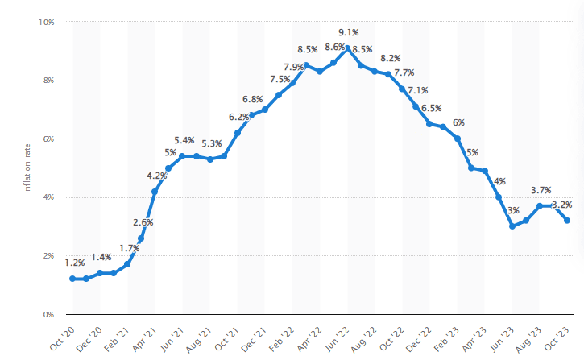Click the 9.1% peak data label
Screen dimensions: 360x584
(x=348, y=32)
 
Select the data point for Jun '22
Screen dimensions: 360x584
(x=347, y=49)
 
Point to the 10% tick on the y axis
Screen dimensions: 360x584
(x=46, y=22)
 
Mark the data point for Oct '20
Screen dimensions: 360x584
(x=72, y=279)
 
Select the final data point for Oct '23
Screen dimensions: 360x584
(x=567, y=221)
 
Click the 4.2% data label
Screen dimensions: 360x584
(x=156, y=176)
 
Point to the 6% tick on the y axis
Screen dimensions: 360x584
(x=48, y=139)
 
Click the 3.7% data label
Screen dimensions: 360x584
(x=541, y=190)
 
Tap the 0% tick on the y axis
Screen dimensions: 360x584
(x=48, y=314)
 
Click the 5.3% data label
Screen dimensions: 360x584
(x=212, y=143)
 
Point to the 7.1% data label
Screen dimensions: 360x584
(x=417, y=90)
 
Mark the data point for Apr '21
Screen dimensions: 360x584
(x=155, y=192)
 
